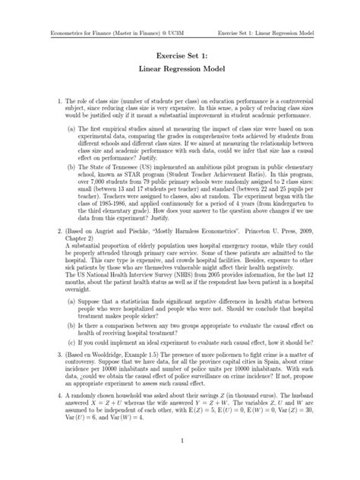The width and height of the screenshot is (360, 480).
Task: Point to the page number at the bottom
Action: coord(180,461)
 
